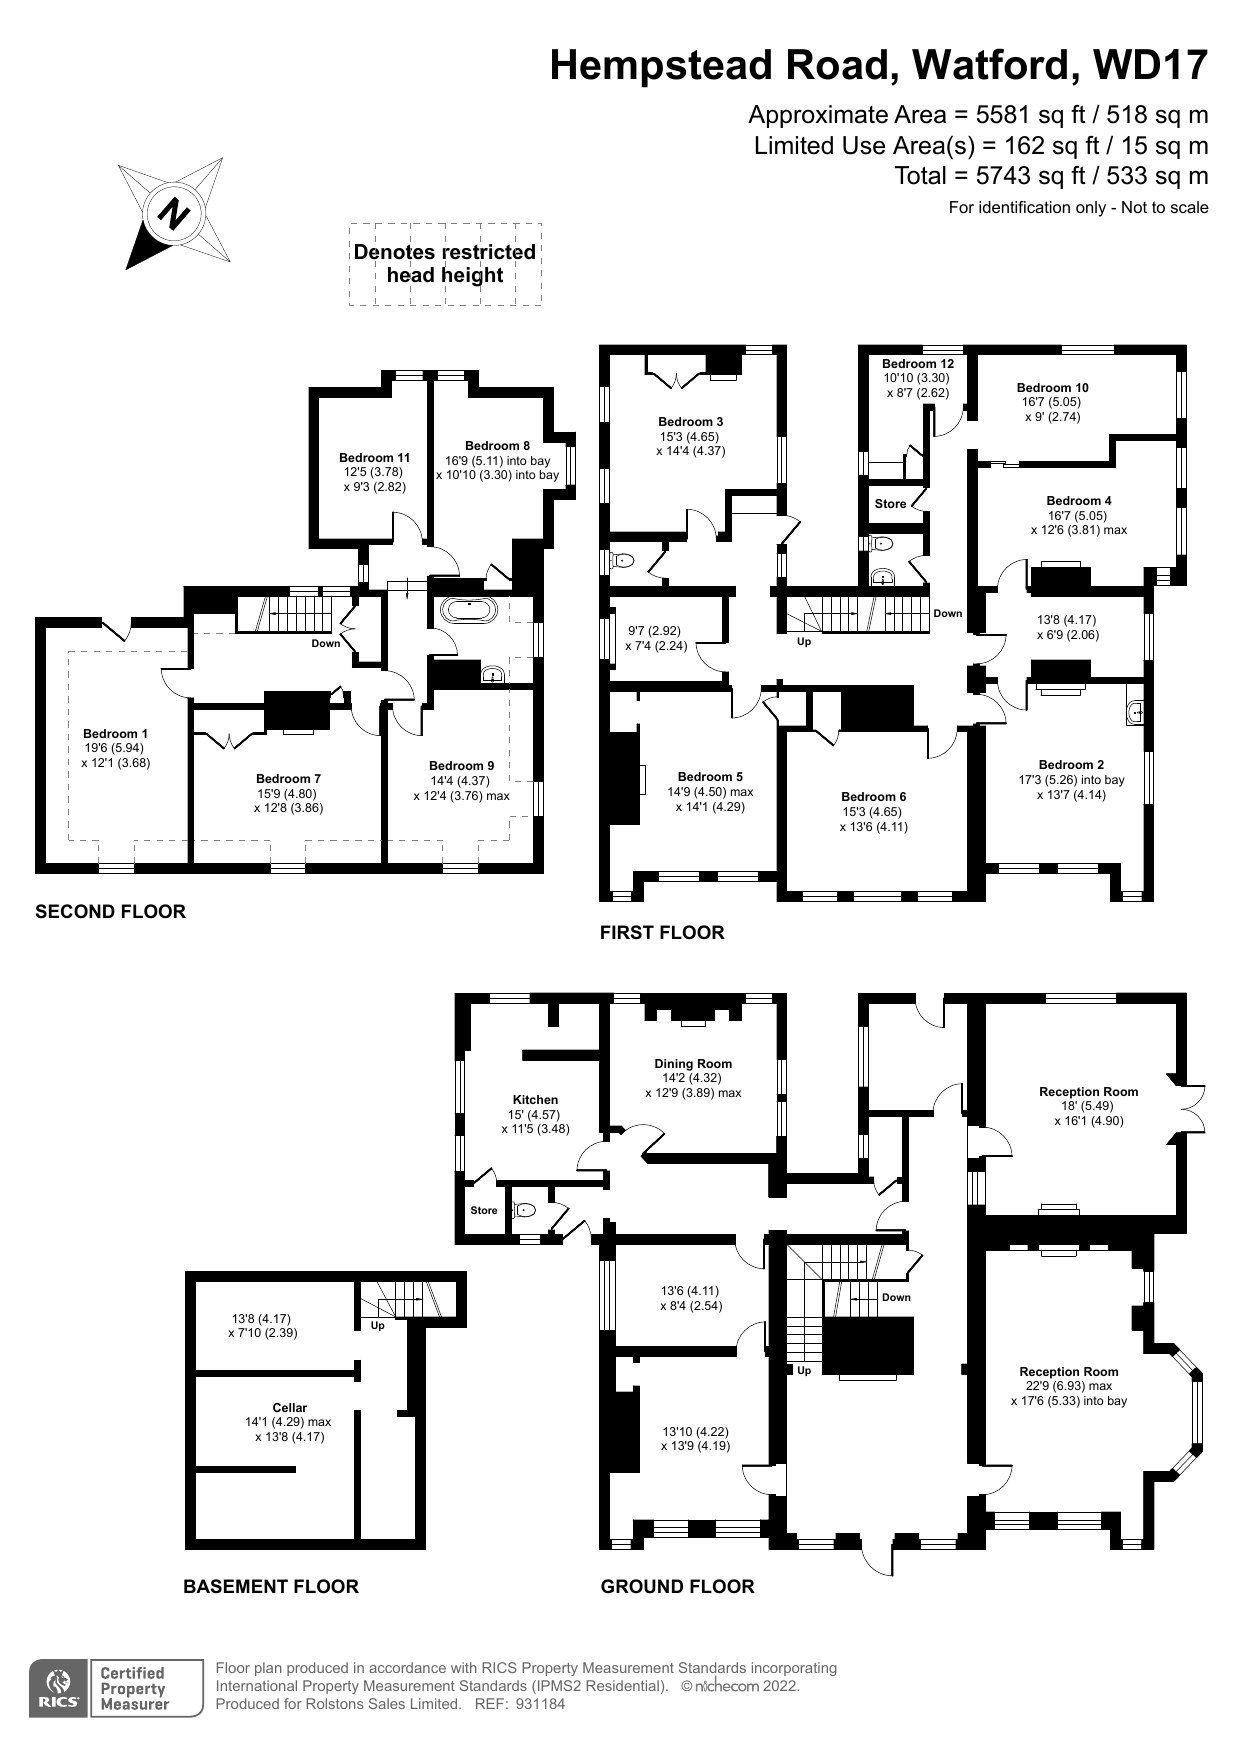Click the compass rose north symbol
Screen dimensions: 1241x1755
click(x=176, y=213)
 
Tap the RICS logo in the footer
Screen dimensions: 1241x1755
click(x=60, y=1689)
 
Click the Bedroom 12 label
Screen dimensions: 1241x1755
click(x=918, y=364)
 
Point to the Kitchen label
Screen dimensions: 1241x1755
click(x=535, y=1100)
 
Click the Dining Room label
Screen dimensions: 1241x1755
click(x=693, y=1064)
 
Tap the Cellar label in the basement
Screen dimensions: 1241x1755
click(x=290, y=1408)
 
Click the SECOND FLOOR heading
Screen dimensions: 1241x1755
click(x=110, y=912)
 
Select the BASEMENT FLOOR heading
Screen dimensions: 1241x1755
click(x=271, y=1586)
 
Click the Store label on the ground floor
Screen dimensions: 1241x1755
click(x=484, y=1211)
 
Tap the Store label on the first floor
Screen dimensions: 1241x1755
click(x=890, y=504)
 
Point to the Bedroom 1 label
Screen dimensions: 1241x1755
click(x=116, y=734)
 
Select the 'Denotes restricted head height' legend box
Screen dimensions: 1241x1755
click(x=445, y=264)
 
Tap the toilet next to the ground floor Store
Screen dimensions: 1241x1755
click(x=525, y=1210)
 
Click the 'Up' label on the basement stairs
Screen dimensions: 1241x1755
click(x=378, y=1326)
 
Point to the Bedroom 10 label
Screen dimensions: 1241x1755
click(x=1053, y=388)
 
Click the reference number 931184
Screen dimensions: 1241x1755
click(x=540, y=1704)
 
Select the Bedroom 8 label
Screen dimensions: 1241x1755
click(x=497, y=446)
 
